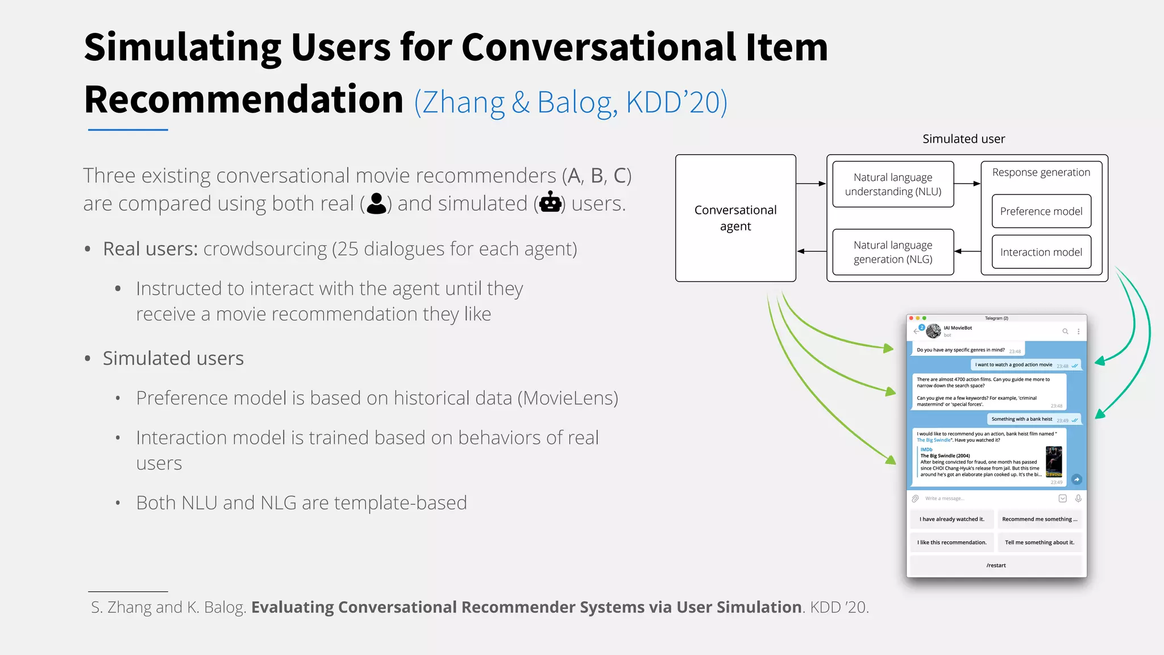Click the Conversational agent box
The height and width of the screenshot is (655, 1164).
point(735,218)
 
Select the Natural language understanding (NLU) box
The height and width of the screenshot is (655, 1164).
point(893,184)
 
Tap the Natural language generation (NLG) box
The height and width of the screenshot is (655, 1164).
point(893,252)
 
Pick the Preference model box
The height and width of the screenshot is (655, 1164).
point(1041,212)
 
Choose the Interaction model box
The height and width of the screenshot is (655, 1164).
point(1041,252)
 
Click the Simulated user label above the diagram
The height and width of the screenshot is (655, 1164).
point(963,139)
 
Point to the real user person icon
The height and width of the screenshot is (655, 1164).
point(376,204)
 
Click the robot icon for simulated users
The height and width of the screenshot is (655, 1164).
point(550,203)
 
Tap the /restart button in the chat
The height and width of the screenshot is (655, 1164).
point(996,565)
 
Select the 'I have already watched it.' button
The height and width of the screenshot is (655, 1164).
point(952,519)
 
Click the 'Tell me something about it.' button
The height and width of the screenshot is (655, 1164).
point(1040,542)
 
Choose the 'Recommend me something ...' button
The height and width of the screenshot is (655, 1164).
point(1040,519)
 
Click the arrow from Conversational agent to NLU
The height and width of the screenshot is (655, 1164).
point(811,184)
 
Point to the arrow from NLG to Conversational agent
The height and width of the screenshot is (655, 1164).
point(811,251)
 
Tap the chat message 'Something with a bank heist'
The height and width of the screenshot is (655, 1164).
point(1022,419)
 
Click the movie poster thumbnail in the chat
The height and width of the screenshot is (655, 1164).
point(1054,461)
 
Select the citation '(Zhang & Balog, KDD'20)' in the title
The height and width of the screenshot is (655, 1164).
point(571,102)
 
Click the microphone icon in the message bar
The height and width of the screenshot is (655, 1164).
point(1078,499)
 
